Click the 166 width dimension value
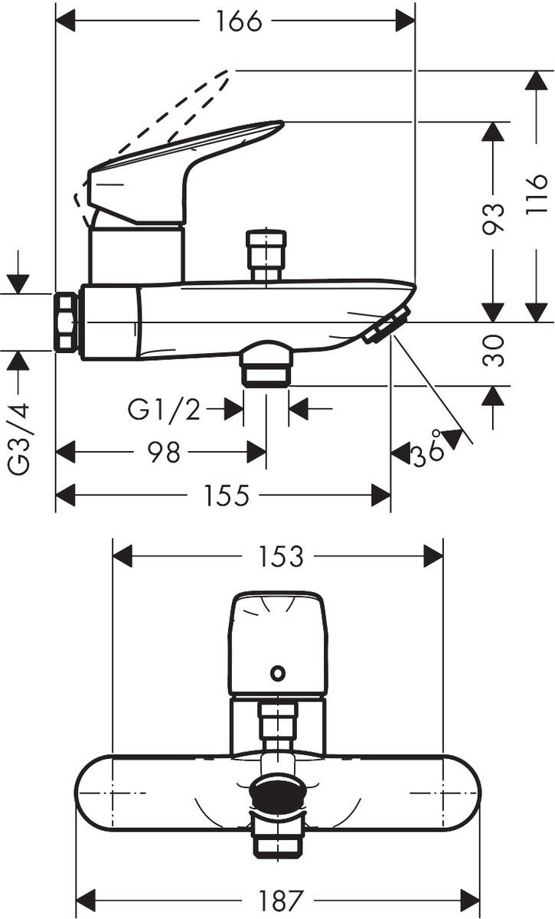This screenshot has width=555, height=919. tap(238, 21)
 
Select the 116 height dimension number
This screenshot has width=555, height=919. tap(538, 194)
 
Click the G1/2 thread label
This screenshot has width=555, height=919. tap(164, 410)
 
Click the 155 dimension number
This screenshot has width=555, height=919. tap(227, 495)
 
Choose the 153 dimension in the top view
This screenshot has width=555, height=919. tap(280, 556)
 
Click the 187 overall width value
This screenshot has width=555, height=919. tap(280, 898)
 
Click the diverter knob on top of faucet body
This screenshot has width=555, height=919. tap(265, 250)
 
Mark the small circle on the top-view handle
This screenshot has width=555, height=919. tap(278, 674)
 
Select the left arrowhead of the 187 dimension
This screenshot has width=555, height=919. tap(84, 898)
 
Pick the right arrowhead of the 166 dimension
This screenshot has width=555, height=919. tap(405, 21)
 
